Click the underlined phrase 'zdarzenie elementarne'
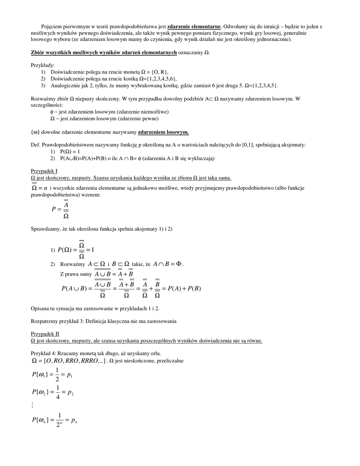(194, 26)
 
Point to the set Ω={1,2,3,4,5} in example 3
(261, 86)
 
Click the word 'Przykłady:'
(43, 66)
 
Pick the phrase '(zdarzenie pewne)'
(137, 119)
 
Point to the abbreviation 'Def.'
(35, 145)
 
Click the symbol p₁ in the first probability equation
(70, 376)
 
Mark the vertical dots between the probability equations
(33, 405)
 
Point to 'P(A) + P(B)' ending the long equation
(184, 288)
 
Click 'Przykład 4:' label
(43, 354)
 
